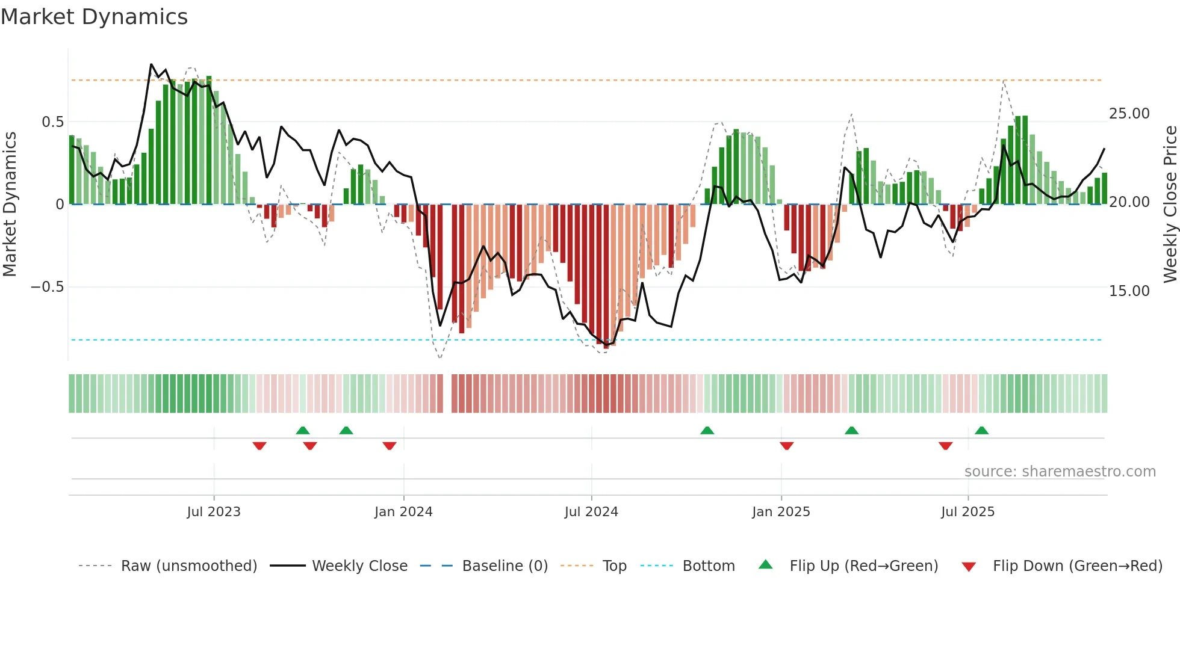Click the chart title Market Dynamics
(94, 17)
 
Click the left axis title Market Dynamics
(10, 204)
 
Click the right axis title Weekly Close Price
(1170, 204)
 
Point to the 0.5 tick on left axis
(52, 122)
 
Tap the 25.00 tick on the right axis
(1129, 114)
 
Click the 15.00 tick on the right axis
(1129, 291)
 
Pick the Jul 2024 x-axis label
(591, 512)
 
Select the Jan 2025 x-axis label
(781, 512)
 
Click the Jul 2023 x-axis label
(213, 512)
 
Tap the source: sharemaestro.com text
(1060, 472)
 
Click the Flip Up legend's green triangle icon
(765, 564)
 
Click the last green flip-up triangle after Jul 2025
(981, 430)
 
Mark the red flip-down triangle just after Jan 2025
(786, 446)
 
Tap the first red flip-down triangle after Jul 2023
(259, 446)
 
